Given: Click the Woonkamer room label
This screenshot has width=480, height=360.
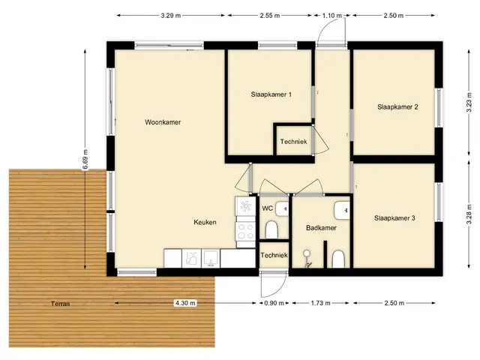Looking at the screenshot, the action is click(163, 122).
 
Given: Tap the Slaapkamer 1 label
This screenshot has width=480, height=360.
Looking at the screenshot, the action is click(271, 94).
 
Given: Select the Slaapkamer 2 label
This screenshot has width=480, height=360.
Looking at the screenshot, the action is click(397, 106).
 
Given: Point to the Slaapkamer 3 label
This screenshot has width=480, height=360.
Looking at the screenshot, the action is click(394, 218).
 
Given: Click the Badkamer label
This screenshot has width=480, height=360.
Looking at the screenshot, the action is click(321, 228).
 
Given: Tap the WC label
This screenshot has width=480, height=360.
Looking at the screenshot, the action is click(267, 208).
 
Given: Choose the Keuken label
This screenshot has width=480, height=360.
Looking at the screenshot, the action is click(205, 222).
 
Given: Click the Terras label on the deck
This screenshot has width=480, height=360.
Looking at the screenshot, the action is click(60, 304).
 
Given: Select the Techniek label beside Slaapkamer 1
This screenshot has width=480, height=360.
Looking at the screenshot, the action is click(293, 142).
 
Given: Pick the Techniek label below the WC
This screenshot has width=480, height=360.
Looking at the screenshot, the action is click(274, 255).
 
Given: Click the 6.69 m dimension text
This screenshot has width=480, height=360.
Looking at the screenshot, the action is click(85, 159).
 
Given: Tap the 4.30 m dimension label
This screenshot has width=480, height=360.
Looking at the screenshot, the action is click(185, 303).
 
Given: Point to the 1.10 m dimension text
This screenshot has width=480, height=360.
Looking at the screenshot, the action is click(331, 15).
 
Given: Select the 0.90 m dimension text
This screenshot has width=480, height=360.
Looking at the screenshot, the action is click(274, 303).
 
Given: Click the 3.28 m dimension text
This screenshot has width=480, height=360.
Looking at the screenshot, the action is click(469, 215).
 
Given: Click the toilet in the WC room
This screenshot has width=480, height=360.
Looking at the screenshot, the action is click(271, 229).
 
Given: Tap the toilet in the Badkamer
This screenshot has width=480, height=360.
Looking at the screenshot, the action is click(338, 259).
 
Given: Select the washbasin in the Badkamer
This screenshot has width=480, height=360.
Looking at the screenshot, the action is click(342, 210).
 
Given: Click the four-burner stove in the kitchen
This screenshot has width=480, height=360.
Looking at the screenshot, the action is click(245, 231).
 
